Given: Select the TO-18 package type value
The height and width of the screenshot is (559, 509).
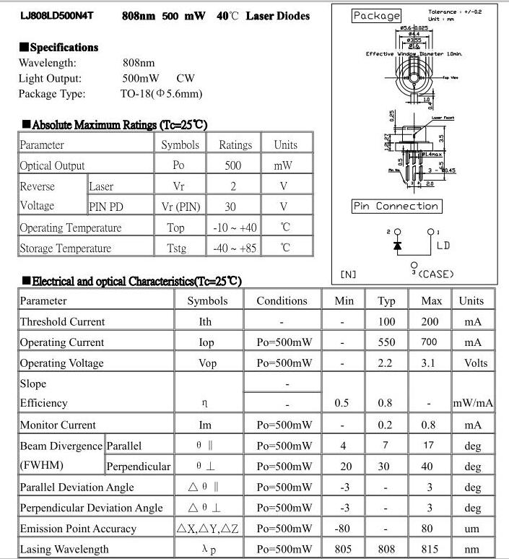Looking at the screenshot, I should (161, 94).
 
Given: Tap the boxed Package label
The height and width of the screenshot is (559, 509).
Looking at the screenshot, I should (376, 16).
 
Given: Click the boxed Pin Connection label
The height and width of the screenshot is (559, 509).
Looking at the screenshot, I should (396, 207).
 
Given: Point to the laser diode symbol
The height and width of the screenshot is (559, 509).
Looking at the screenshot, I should (397, 246).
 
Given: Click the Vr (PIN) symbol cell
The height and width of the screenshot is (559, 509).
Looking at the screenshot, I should (178, 207).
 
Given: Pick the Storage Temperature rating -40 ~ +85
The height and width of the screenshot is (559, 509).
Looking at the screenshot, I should (233, 248).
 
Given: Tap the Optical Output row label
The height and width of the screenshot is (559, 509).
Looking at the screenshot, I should (53, 165).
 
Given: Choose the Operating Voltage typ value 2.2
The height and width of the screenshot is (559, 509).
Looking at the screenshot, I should (386, 363).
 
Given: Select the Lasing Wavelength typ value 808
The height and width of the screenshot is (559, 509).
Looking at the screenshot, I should (386, 550).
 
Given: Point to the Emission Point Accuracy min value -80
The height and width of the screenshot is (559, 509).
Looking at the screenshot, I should (342, 529).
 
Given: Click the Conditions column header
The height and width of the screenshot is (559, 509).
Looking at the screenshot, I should (282, 301).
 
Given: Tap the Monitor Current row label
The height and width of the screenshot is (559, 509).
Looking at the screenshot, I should (58, 425).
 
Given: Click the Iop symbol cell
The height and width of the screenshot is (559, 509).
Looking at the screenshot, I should (206, 343).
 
